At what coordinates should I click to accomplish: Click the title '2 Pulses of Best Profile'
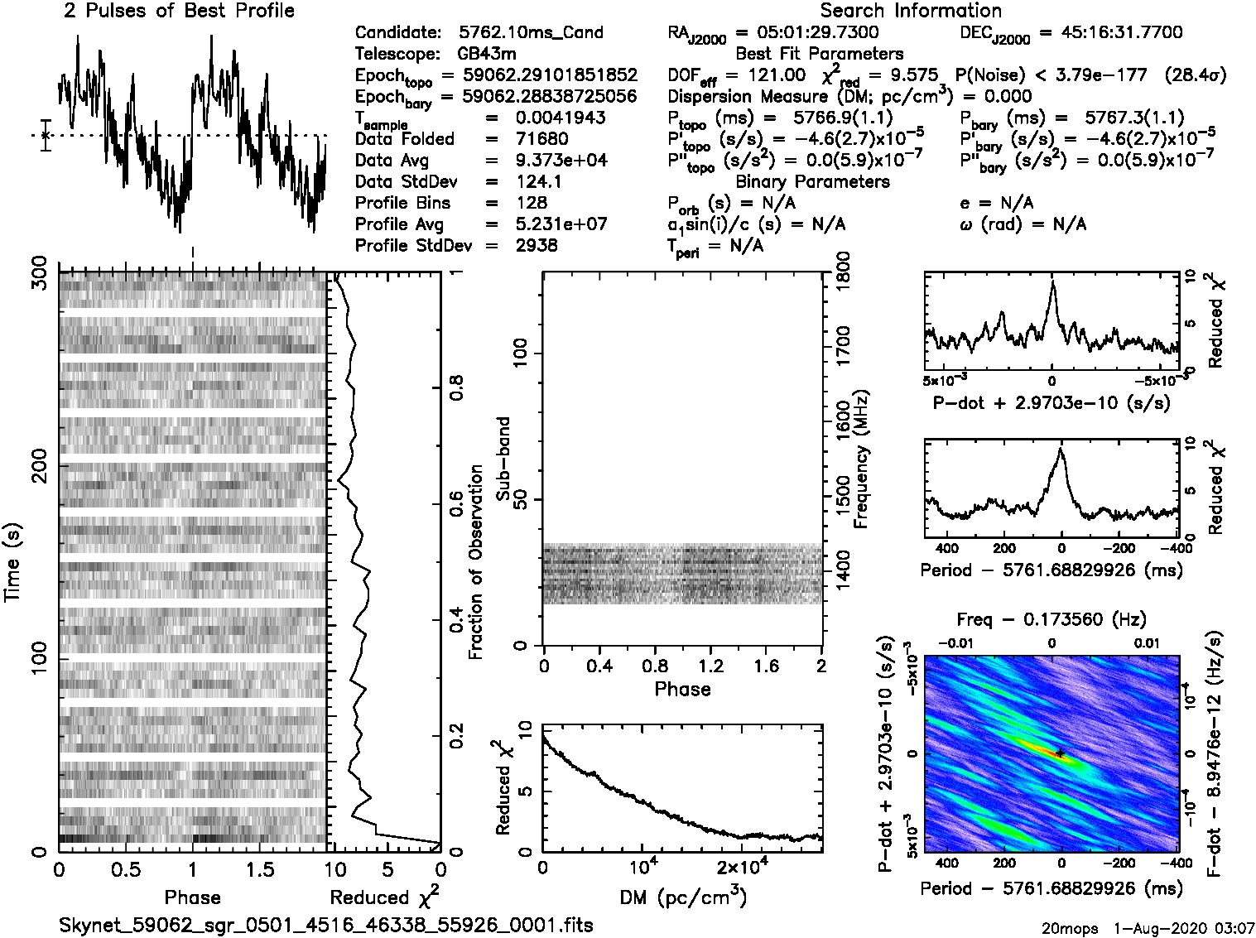click(x=179, y=11)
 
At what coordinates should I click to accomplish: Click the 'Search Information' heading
click(x=911, y=11)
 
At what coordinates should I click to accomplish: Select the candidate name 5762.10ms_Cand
click(x=531, y=33)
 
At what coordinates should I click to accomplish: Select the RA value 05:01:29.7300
click(x=807, y=33)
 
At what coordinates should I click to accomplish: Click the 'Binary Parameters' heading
click(x=812, y=181)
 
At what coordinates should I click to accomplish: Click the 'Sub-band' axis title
click(x=503, y=459)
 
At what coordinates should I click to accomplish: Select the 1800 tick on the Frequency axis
click(x=844, y=271)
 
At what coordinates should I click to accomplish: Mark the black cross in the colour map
click(x=1060, y=753)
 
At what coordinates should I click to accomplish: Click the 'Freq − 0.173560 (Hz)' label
click(x=1051, y=619)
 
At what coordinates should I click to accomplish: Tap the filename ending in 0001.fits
click(x=326, y=925)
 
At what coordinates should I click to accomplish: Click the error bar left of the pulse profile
click(x=46, y=135)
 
